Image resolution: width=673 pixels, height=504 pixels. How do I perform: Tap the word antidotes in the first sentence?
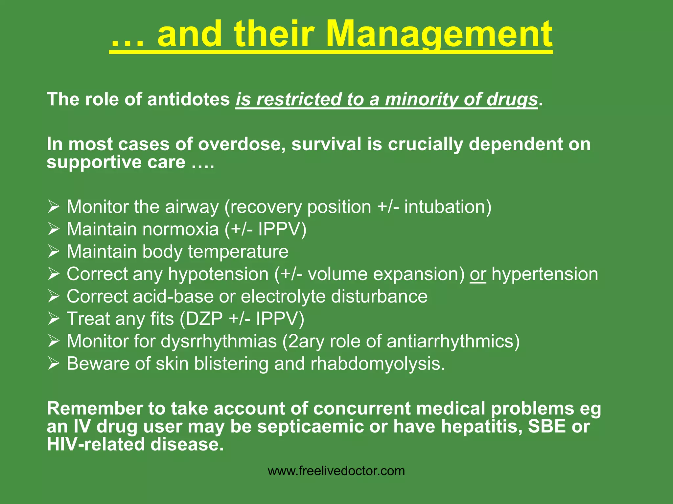(188, 99)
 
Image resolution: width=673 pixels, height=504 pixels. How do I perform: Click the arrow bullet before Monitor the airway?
(54, 207)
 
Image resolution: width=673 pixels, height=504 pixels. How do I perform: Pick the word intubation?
(448, 207)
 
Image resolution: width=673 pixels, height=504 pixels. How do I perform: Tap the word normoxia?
(180, 229)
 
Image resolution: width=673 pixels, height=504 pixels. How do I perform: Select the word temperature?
(238, 252)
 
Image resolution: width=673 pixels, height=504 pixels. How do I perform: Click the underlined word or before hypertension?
(477, 274)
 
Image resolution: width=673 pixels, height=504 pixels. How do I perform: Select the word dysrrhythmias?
(219, 341)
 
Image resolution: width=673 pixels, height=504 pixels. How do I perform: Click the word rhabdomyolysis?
(378, 364)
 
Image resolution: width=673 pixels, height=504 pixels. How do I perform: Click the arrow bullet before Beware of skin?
(54, 364)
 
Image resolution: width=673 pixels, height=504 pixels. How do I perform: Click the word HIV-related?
(96, 445)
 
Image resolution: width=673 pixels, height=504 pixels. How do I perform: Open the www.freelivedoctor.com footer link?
(336, 471)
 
